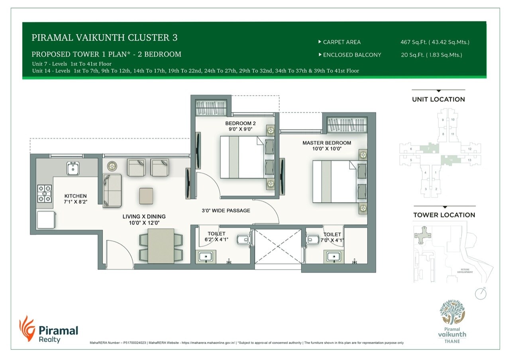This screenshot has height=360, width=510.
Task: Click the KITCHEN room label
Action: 75,196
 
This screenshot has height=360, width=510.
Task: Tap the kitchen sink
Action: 73,168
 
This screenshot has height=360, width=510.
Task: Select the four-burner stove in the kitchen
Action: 44,194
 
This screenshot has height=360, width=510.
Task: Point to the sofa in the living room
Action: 112,190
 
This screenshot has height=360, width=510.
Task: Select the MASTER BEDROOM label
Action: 326,143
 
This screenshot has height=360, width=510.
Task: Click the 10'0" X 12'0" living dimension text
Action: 144,223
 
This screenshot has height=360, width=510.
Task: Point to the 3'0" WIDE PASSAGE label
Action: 226,210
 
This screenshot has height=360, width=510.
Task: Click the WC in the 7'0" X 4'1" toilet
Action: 312,239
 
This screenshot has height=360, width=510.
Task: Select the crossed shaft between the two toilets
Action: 278,247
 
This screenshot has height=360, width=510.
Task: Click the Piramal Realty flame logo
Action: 27,329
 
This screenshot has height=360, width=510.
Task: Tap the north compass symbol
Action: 481,293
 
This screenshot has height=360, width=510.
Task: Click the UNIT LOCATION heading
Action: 438,100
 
